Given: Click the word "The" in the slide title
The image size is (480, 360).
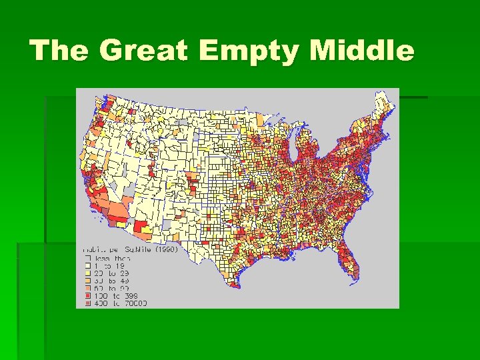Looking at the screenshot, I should click(x=59, y=51).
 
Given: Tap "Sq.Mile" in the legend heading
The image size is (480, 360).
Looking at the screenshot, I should click(x=137, y=250).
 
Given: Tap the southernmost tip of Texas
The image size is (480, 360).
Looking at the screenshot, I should click(x=234, y=286).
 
